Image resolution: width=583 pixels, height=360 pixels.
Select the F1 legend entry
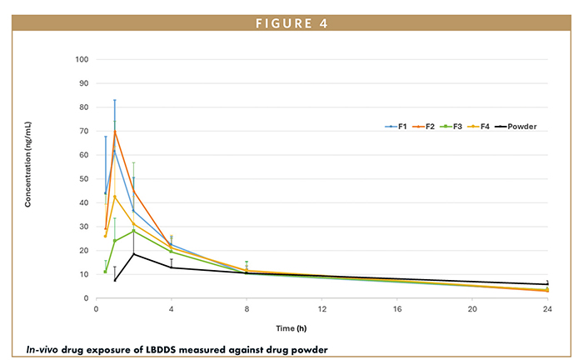(x=396, y=127)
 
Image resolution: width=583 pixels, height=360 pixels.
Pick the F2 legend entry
(x=431, y=127)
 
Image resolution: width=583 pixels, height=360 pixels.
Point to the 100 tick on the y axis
(x=82, y=59)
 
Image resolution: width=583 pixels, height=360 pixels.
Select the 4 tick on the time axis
(x=172, y=308)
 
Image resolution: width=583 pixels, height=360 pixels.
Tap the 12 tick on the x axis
(x=322, y=308)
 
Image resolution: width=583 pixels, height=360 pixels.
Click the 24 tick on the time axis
(x=547, y=308)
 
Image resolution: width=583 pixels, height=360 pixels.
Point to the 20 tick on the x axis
(x=472, y=308)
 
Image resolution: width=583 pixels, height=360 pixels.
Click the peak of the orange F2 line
(x=115, y=131)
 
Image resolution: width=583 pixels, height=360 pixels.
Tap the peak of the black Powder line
(x=134, y=253)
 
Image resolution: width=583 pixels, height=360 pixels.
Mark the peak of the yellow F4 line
(x=115, y=196)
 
